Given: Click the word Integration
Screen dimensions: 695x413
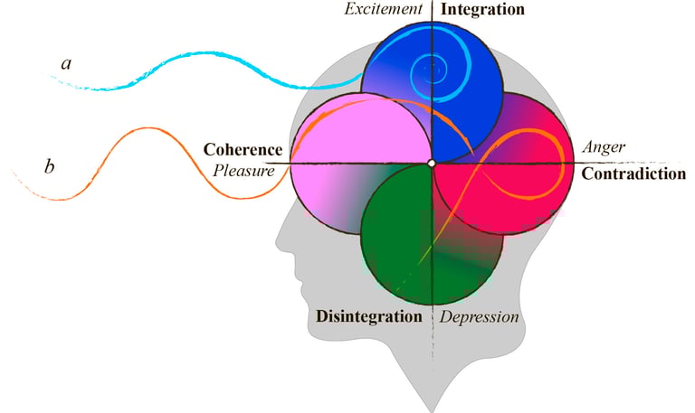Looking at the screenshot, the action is (x=482, y=10).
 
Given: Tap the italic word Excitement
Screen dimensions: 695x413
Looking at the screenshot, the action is (x=384, y=9).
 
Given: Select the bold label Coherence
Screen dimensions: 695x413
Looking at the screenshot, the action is (x=243, y=150).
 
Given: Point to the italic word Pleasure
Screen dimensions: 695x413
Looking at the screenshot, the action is (x=243, y=171).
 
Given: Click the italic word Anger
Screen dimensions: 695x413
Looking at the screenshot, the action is (x=604, y=147).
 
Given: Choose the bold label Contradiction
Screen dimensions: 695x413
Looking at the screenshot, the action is (x=633, y=174).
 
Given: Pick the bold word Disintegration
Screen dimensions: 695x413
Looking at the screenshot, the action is (x=369, y=316).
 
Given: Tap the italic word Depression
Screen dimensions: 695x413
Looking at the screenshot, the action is (x=479, y=317).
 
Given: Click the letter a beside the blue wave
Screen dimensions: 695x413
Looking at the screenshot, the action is (x=66, y=64).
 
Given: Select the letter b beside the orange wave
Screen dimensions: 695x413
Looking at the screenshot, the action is (x=49, y=166).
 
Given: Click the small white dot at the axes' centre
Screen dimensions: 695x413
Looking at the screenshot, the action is (x=432, y=164).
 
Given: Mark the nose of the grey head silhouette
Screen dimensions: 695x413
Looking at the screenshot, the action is (x=281, y=239).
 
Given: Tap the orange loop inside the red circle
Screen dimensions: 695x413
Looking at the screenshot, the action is (x=523, y=164).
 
